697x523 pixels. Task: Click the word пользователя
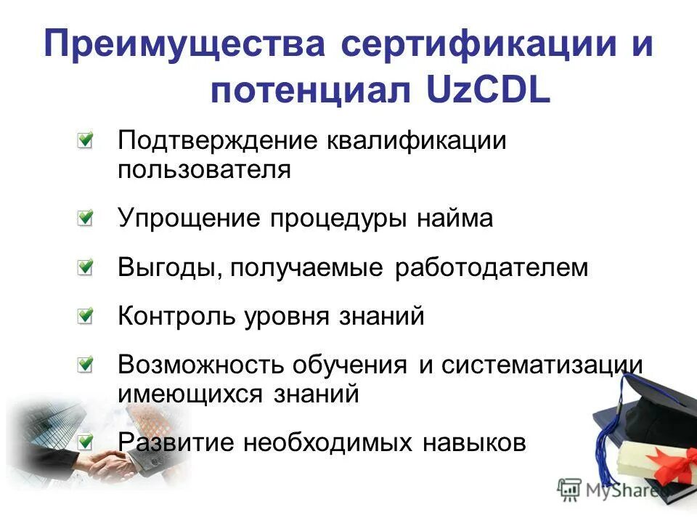(204, 170)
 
